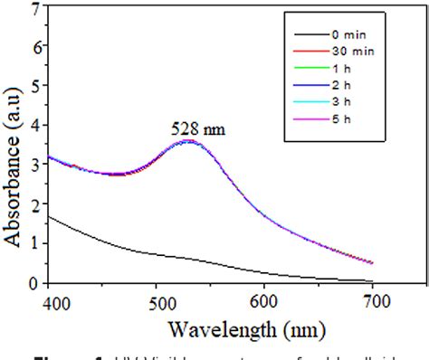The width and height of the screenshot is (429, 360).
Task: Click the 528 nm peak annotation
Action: click(x=196, y=129)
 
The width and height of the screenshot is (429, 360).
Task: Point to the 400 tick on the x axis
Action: click(x=52, y=297)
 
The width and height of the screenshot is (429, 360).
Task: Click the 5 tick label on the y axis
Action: click(x=34, y=86)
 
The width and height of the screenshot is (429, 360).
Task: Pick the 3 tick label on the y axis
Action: click(x=34, y=165)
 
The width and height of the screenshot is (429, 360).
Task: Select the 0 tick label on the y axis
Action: click(x=34, y=283)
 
